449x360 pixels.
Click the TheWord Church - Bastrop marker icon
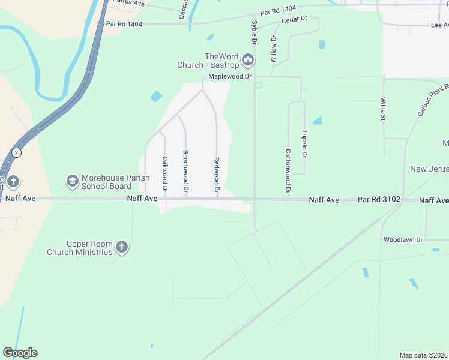(x=247, y=60)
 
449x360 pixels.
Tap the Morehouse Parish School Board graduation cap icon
(x=72, y=181)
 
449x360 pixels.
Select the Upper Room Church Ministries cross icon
(x=122, y=247)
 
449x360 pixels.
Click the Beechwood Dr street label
(x=185, y=171)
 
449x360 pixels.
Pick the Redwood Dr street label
(x=216, y=175)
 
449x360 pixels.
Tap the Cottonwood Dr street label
(x=288, y=170)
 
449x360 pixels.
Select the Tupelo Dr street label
(x=304, y=143)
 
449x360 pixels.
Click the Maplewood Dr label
(x=229, y=77)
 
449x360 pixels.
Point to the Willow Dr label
(x=273, y=49)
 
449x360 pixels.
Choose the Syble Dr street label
(x=254, y=33)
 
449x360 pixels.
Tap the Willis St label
(x=382, y=109)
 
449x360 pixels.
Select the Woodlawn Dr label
(x=403, y=240)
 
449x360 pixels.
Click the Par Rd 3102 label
(x=379, y=199)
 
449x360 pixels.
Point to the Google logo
(x=20, y=353)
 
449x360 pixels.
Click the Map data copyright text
(x=424, y=355)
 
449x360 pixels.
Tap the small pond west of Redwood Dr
(x=156, y=96)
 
